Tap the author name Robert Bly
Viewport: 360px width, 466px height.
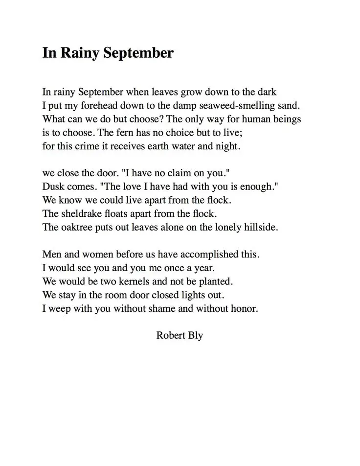click(180, 336)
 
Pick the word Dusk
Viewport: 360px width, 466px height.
click(53, 186)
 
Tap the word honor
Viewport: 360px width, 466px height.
click(244, 309)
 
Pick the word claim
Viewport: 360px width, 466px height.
click(177, 173)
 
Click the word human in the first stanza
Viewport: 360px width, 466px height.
click(254, 119)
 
